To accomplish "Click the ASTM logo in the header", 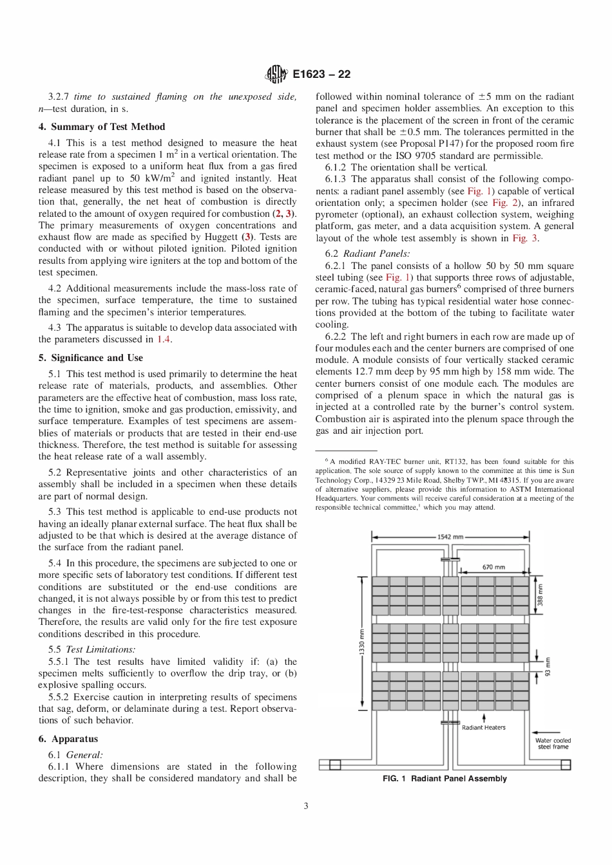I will [276, 75].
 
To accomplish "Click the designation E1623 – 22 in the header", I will [321, 75].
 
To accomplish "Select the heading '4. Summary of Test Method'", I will [102, 127].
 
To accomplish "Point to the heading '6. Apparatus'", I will [68, 739].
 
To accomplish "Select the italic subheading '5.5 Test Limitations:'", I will [91, 649].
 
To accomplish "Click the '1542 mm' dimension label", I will [450, 537].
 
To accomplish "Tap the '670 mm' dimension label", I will [493, 567].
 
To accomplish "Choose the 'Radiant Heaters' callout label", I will [484, 727].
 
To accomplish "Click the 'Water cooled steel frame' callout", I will [553, 743].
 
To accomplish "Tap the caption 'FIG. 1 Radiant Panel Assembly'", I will [445, 779].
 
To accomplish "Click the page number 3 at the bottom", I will [306, 806].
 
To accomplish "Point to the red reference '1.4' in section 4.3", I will [164, 339].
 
